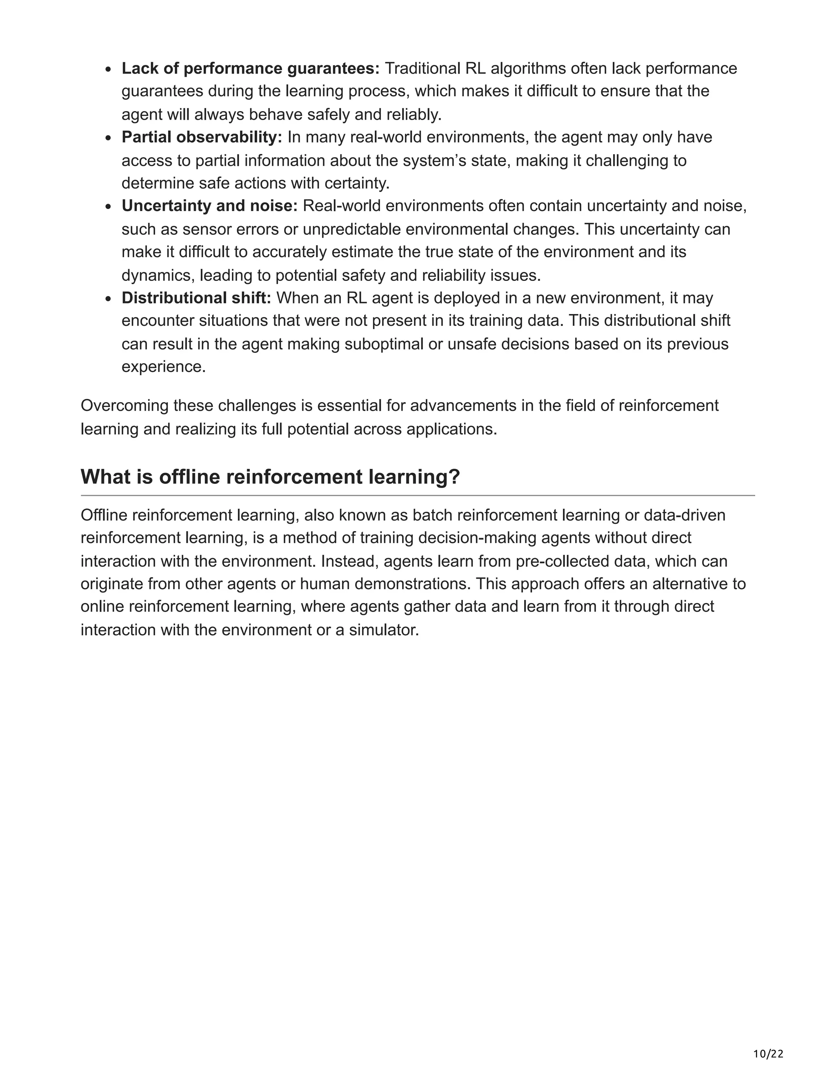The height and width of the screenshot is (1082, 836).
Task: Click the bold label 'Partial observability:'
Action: coord(202,137)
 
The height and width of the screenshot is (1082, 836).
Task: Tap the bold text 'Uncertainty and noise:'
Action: coord(209,206)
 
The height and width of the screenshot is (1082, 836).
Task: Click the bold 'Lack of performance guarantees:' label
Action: coord(250,68)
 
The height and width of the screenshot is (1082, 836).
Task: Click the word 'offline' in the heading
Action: coord(189,476)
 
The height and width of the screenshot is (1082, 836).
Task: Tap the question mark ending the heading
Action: coord(455,476)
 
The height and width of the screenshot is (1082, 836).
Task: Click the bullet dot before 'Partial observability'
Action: coord(109,138)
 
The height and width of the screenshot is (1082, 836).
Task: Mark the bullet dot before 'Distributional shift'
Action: coord(109,299)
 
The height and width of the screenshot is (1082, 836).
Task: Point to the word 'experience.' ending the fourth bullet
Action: coord(163,367)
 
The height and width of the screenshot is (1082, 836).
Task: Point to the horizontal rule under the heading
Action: coord(418,495)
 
